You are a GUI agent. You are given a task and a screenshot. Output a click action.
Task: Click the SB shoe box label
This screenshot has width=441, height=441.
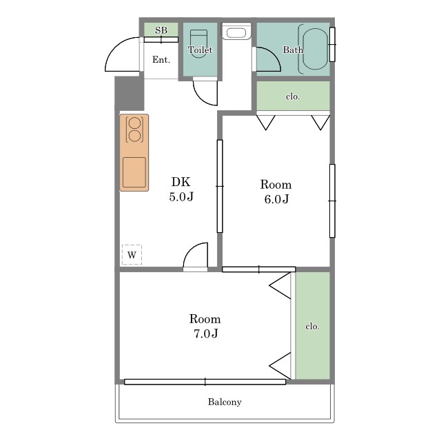[161, 30]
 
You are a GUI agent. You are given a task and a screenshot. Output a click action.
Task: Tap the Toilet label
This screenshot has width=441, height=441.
[200, 50]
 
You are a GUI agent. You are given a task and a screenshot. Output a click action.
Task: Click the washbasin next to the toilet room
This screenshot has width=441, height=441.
[236, 32]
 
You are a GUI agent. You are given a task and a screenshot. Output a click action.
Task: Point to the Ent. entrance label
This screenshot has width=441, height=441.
[161, 60]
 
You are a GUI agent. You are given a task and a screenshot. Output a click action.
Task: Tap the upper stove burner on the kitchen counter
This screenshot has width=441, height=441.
[134, 123]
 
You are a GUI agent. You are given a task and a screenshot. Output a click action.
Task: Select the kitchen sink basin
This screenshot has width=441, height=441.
[134, 172]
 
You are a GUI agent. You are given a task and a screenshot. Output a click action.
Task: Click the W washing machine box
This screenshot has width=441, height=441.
[132, 255]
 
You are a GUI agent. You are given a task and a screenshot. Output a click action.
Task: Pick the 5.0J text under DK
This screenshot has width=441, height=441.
[181, 196]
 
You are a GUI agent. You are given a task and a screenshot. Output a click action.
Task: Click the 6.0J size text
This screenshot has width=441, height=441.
[277, 199]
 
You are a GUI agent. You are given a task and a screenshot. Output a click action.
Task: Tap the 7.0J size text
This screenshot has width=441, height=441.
[206, 334]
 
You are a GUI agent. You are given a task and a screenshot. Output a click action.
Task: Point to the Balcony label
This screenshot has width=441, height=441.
[225, 402]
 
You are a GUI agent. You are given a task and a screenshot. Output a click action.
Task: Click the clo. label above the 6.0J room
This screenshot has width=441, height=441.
[293, 96]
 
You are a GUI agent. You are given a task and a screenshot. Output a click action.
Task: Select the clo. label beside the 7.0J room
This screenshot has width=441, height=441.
[312, 326]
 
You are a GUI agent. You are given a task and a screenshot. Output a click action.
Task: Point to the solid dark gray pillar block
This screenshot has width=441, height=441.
[130, 94]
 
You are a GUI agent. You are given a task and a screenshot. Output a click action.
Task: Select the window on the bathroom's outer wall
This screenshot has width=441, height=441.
[332, 44]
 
